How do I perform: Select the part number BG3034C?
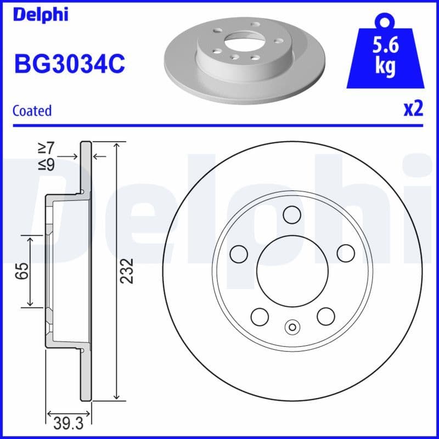coord(69,64)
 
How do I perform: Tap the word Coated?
coord(32,110)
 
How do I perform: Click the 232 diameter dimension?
coord(127,270)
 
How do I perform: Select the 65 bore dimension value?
coord(21,270)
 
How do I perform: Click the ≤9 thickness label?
coord(46,164)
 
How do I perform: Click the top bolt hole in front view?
coord(292,213)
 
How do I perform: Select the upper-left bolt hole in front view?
coord(238,253)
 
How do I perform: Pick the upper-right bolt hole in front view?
coord(346,253)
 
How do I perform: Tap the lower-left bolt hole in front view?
coord(259,316)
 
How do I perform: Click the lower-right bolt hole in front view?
coord(325,316)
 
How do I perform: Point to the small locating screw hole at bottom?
coord(292,328)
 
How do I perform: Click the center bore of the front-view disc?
coord(292,270)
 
